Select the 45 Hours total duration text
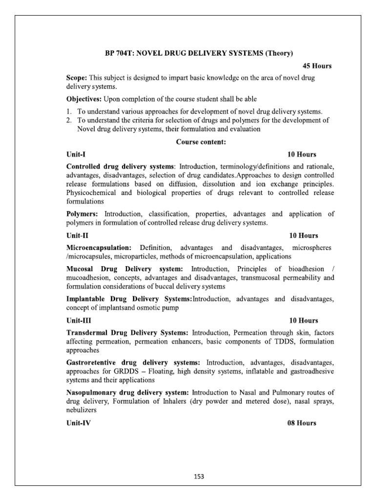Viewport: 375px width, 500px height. click(317, 65)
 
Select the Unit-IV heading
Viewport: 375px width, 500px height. click(78, 423)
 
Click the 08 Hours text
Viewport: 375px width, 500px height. click(302, 423)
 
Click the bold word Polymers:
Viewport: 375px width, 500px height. click(82, 214)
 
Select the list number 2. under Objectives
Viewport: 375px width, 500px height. click(69, 120)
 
